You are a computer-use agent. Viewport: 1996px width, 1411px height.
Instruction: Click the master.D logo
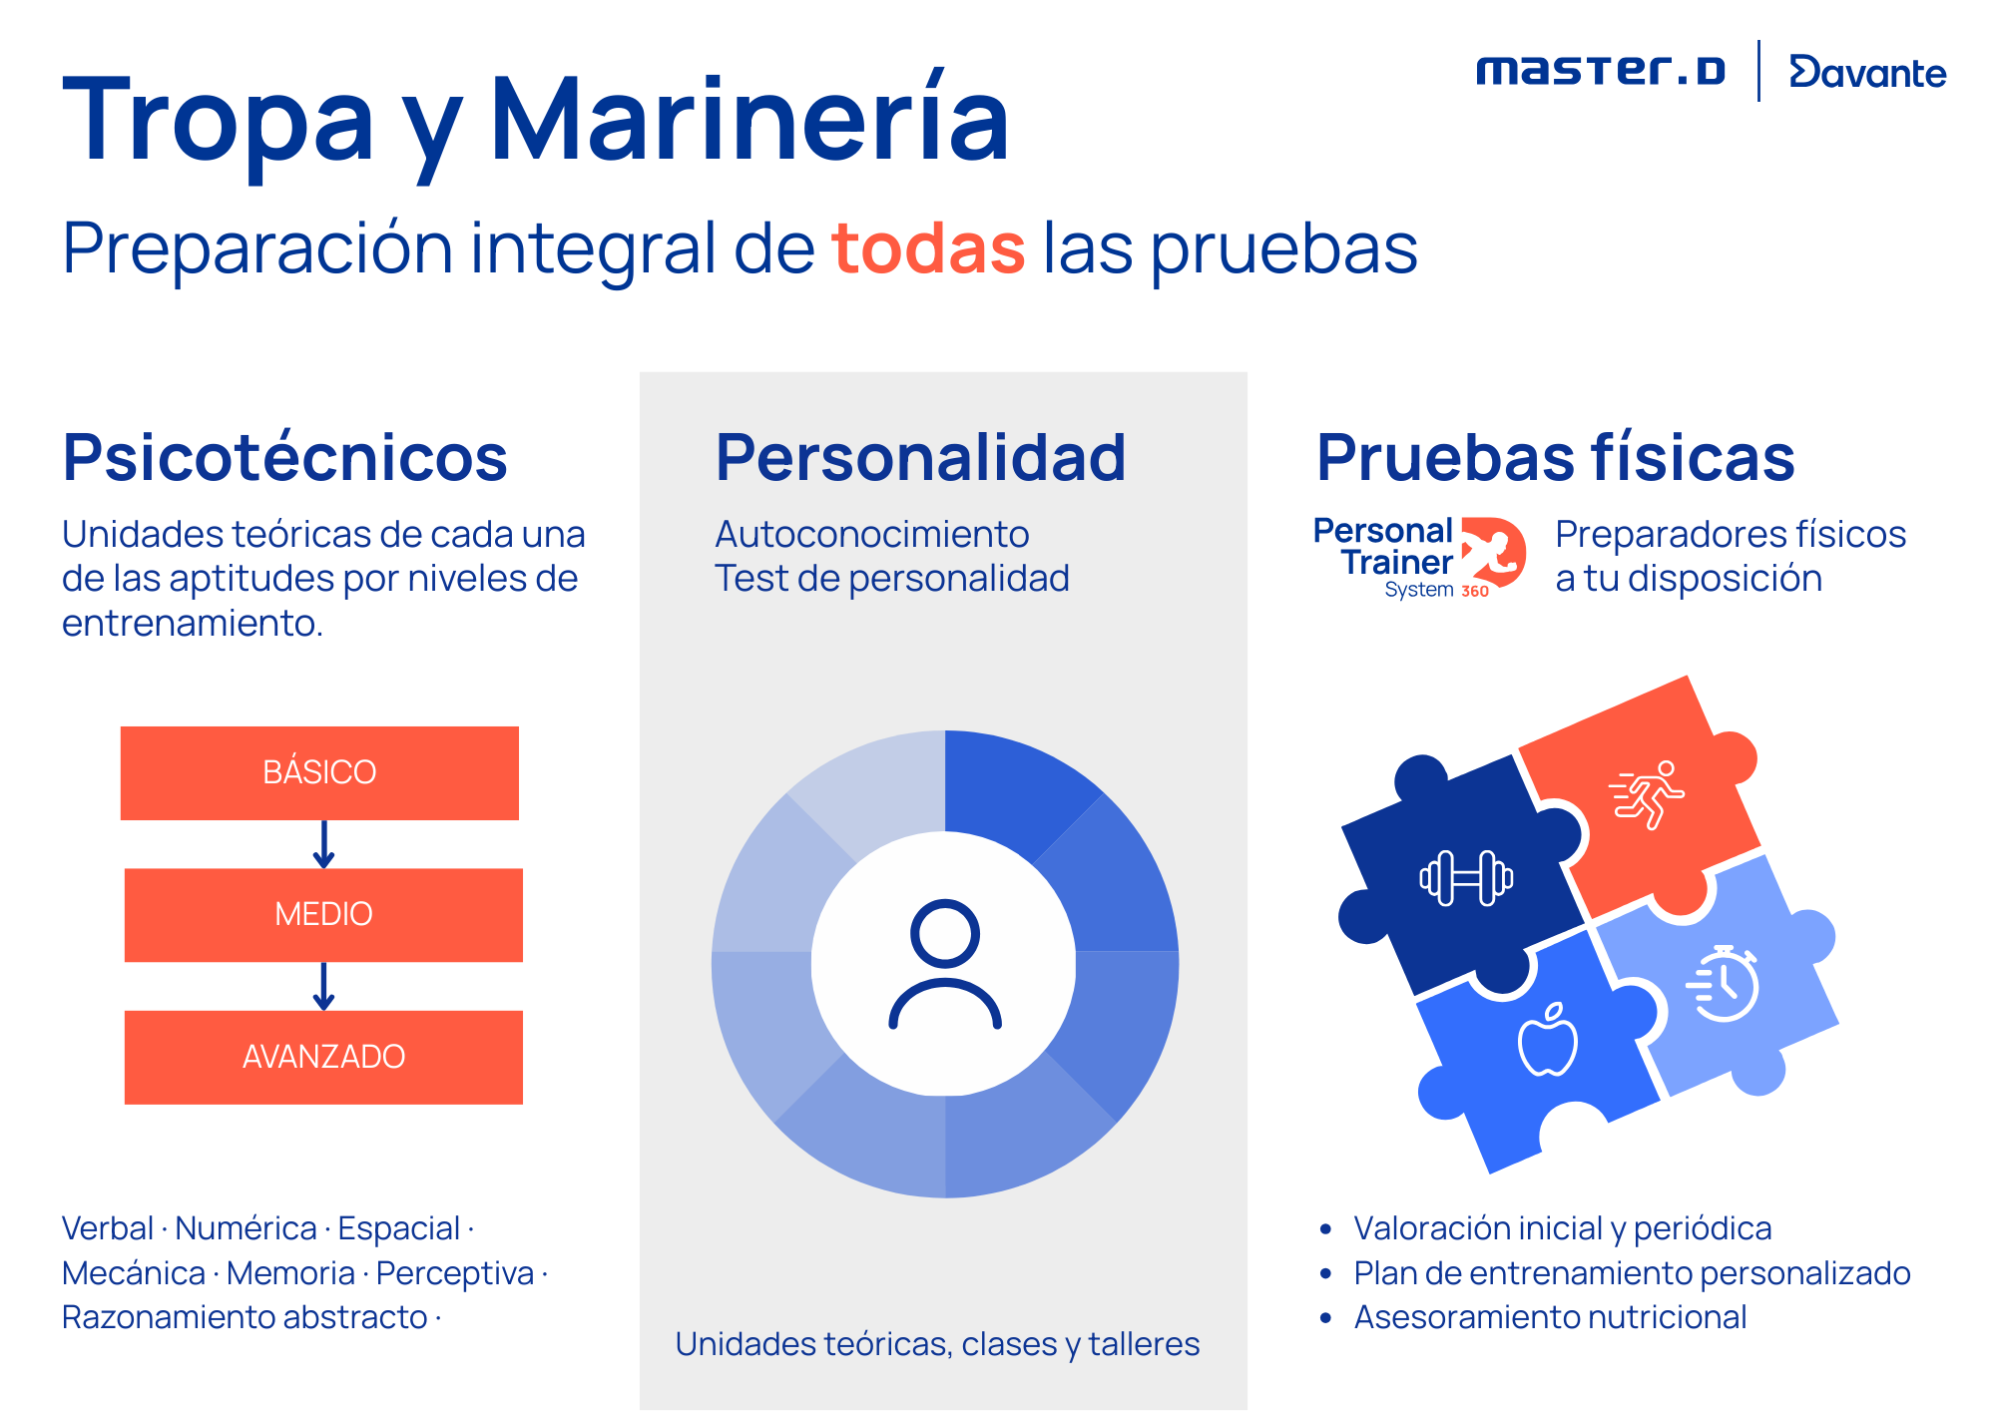point(1600,71)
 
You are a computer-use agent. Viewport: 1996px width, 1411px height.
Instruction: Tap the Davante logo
point(1867,72)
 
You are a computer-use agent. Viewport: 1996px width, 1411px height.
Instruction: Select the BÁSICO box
point(319,772)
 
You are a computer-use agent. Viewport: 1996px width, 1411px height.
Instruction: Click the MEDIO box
point(323,914)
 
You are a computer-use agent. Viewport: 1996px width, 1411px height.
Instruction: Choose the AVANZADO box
point(323,1057)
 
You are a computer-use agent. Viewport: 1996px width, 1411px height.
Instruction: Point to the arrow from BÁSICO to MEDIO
point(323,844)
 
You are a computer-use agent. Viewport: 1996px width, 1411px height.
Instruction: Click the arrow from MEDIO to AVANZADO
point(323,986)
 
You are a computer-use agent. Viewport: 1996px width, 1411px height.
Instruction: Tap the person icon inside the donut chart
point(945,964)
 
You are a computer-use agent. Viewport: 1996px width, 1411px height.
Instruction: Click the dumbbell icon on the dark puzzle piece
point(1466,878)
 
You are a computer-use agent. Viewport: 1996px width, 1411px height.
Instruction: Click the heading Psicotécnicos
point(285,458)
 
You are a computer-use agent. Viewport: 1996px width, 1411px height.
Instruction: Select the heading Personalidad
point(920,458)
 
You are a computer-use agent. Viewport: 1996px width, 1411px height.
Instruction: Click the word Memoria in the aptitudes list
point(290,1273)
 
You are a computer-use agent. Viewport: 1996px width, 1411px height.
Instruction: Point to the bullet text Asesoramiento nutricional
point(1550,1317)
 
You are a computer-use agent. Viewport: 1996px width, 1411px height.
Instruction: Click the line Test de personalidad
point(891,579)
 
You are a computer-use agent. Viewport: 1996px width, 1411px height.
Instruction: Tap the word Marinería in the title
point(749,121)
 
